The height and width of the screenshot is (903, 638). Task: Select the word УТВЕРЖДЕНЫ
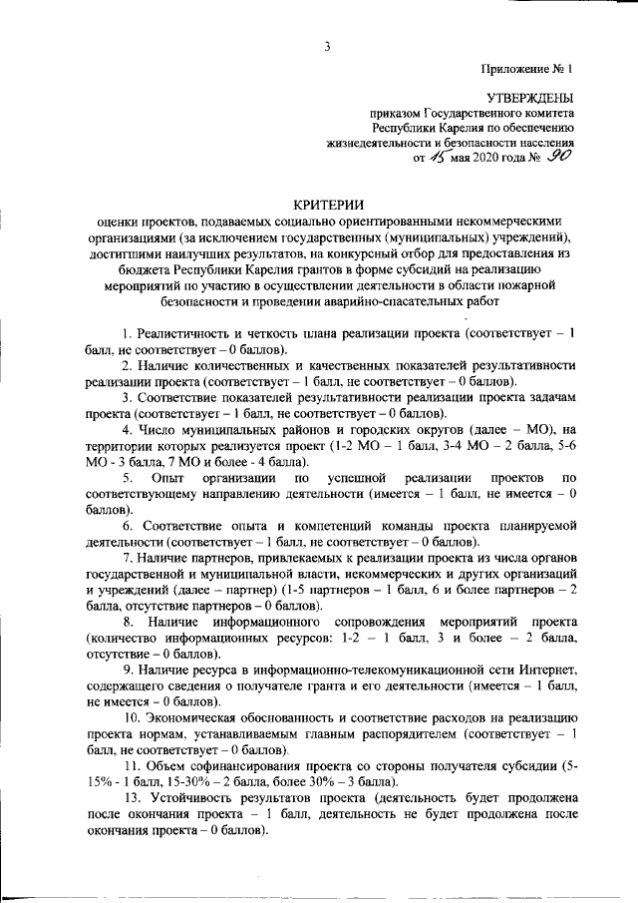coord(529,99)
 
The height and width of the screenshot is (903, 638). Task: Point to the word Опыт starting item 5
coord(158,479)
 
